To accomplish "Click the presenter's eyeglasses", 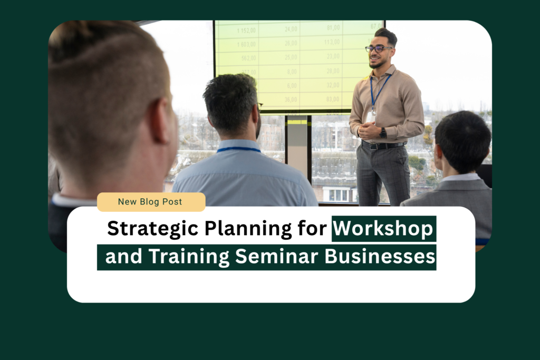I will (379, 48).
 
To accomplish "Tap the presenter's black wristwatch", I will (383, 133).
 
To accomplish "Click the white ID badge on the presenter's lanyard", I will (372, 116).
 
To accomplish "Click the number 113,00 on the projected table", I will (332, 42).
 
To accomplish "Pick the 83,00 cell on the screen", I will (333, 99).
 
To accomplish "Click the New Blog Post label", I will (150, 201).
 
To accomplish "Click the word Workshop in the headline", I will (383, 229).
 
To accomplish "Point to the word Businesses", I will (380, 257).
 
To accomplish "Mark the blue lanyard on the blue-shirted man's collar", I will (238, 150).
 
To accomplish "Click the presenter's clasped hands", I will (368, 130).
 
